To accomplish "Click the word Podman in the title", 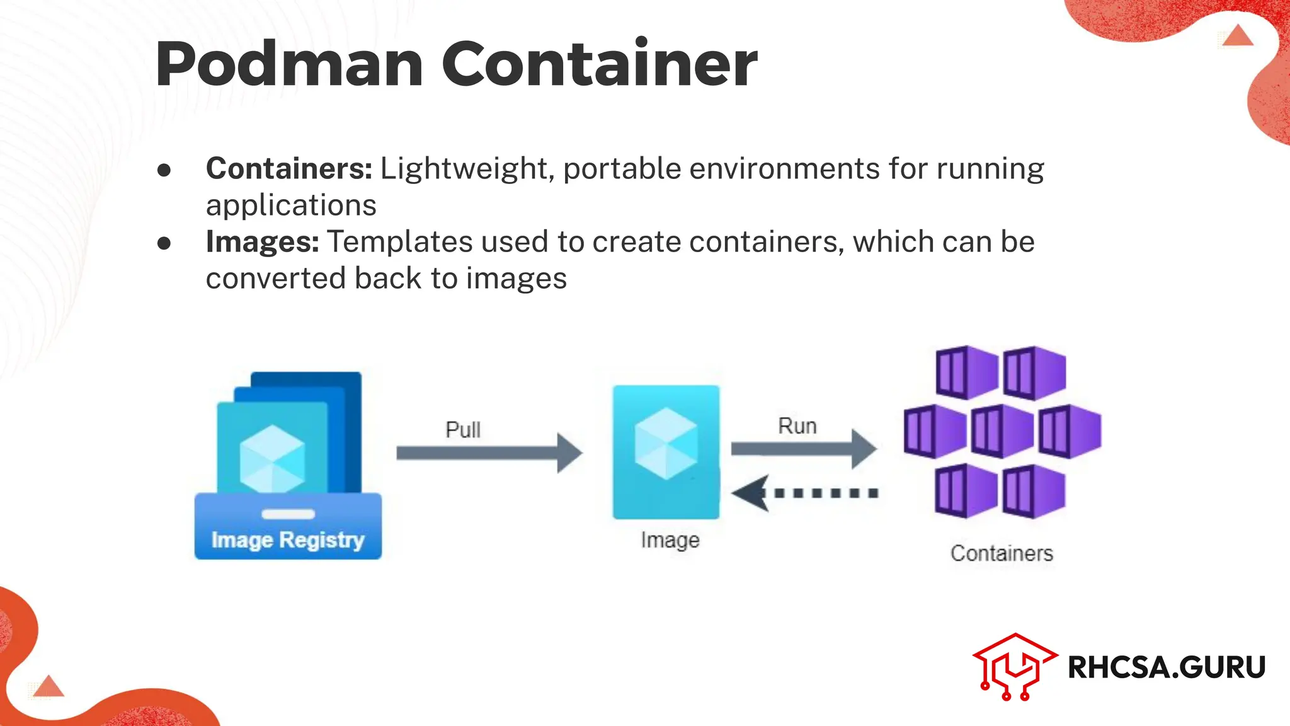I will [289, 64].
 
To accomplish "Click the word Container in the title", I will [599, 64].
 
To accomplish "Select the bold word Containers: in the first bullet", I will [289, 168].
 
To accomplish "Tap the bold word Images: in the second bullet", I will [262, 241].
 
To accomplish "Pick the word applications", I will [291, 205].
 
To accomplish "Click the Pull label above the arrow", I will [463, 430].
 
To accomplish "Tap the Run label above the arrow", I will [797, 426].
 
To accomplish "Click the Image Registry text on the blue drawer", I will [288, 540].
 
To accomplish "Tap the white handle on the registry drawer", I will [288, 514].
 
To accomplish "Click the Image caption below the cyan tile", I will [670, 540].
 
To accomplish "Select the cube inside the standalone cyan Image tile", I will [666, 443].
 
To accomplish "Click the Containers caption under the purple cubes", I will [1002, 553].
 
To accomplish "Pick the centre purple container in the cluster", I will [1002, 431].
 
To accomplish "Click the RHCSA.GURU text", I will [1167, 667].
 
